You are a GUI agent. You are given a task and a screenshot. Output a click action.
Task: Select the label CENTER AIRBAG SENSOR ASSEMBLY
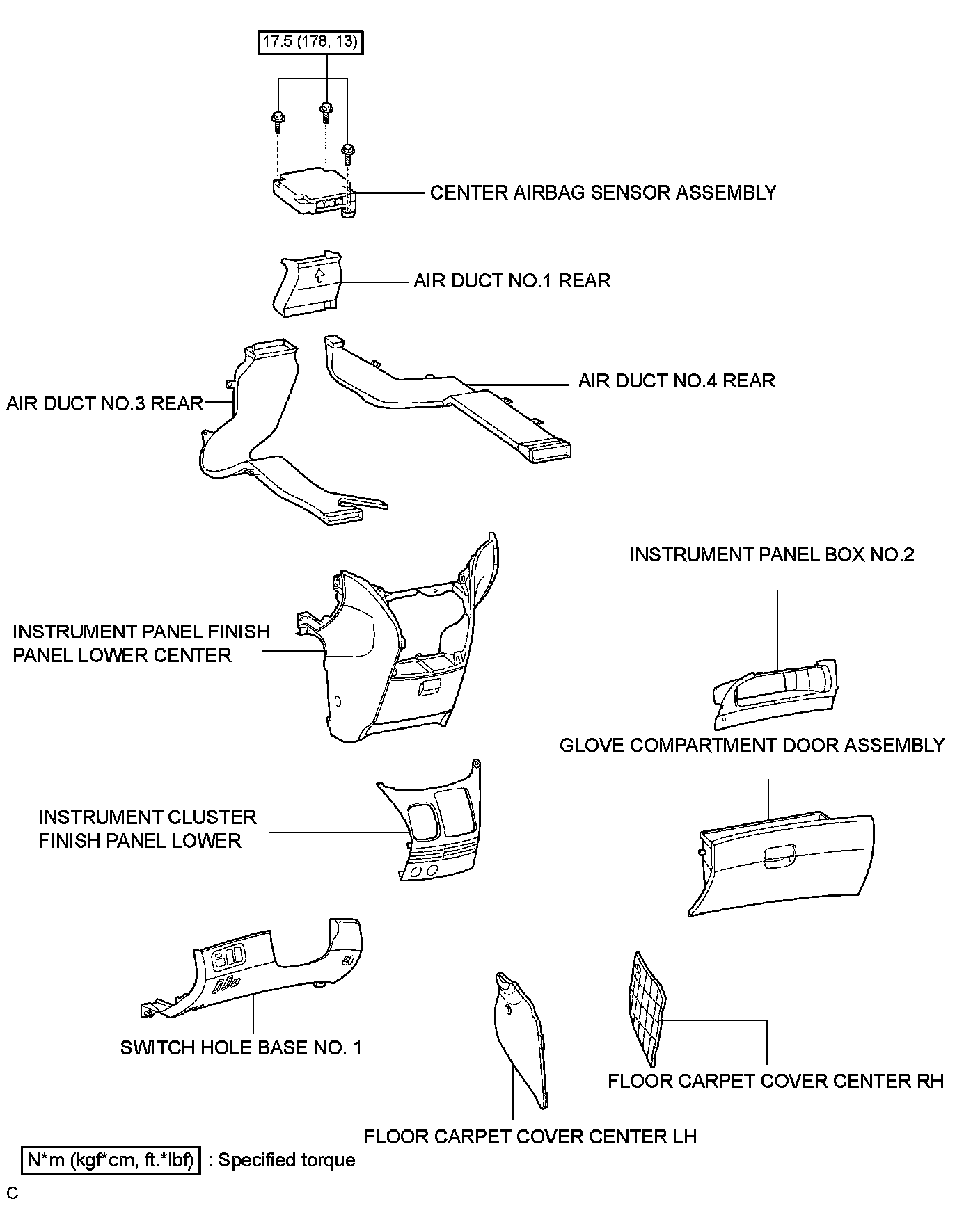(603, 193)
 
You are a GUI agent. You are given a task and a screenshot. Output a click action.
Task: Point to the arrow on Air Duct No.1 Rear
(319, 275)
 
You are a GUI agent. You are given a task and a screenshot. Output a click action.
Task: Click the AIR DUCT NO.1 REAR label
(512, 281)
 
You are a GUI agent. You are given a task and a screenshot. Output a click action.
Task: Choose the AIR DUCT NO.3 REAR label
(104, 403)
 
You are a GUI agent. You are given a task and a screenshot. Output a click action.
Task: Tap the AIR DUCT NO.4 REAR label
(677, 380)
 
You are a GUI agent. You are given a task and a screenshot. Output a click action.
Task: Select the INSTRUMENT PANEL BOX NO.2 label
(771, 554)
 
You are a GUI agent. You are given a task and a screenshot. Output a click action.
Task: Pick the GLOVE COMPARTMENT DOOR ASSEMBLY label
(752, 745)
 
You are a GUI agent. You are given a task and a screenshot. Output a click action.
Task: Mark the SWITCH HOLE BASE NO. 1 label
(241, 1047)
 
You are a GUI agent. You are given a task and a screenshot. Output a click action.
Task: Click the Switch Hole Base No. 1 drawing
(264, 974)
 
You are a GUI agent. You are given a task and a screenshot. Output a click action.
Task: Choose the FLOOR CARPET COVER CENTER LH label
(530, 1136)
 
